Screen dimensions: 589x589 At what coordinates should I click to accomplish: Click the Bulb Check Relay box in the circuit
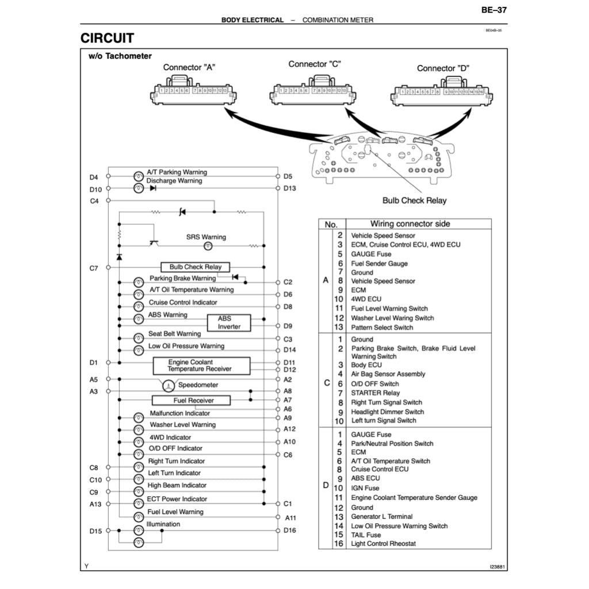coord(195,267)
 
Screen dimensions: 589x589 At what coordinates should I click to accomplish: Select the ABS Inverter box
coord(229,323)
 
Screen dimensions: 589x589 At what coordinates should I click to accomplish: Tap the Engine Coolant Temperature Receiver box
coord(201,366)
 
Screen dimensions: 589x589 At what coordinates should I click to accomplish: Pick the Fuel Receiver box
coord(191,400)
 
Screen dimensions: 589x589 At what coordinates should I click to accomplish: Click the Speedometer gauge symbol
coord(168,385)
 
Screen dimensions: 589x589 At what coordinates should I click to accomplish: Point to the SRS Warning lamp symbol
coord(209,246)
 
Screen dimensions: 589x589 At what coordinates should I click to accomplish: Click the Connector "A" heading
coord(189,67)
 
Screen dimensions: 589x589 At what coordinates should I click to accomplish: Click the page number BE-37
coord(494,10)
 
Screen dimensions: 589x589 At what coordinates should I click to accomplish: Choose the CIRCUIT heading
coord(107,39)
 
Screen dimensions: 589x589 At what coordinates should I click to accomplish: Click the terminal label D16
coord(289,530)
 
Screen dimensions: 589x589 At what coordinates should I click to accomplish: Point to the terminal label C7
coord(94,268)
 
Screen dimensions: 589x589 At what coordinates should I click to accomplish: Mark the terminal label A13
coord(95,504)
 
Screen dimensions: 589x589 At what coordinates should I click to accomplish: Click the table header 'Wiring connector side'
coord(410,224)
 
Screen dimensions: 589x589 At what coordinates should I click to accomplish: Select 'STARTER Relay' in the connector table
coord(376,393)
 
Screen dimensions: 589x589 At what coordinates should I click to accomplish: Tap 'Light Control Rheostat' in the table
coord(383,544)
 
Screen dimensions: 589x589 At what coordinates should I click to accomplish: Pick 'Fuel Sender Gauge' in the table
coord(379,263)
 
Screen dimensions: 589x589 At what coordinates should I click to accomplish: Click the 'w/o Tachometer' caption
coord(120,56)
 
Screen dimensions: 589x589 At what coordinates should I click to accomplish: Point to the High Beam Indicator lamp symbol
coord(139,492)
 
